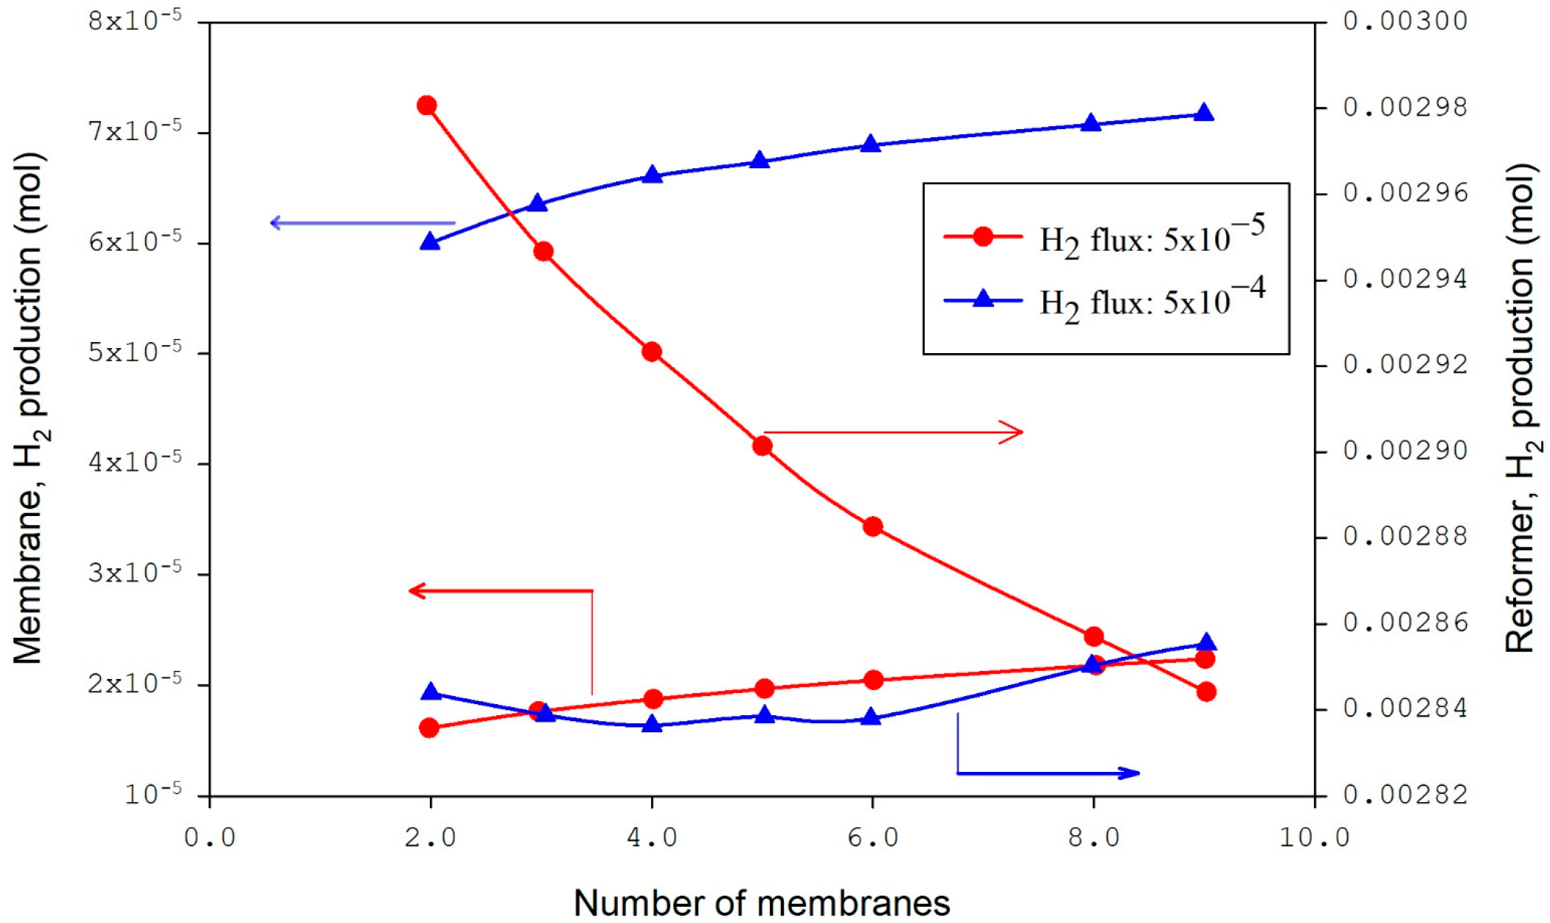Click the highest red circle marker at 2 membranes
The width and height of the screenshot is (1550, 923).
pos(426,105)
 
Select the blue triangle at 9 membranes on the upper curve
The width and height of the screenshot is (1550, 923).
pos(1204,113)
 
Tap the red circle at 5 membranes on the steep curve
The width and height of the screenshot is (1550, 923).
pos(762,446)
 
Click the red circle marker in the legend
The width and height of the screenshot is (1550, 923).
pos(983,237)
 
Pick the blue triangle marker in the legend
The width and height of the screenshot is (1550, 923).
pos(983,299)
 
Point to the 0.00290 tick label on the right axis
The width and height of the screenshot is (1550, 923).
pos(1405,450)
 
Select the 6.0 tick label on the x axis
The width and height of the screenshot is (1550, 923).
pos(872,837)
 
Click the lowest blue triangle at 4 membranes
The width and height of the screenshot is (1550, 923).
pos(651,725)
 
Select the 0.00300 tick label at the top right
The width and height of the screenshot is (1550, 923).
pos(1405,21)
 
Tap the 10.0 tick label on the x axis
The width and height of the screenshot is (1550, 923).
pos(1314,837)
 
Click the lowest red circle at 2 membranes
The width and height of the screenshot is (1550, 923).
pos(429,728)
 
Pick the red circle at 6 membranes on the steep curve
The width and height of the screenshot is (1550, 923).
pos(873,526)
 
